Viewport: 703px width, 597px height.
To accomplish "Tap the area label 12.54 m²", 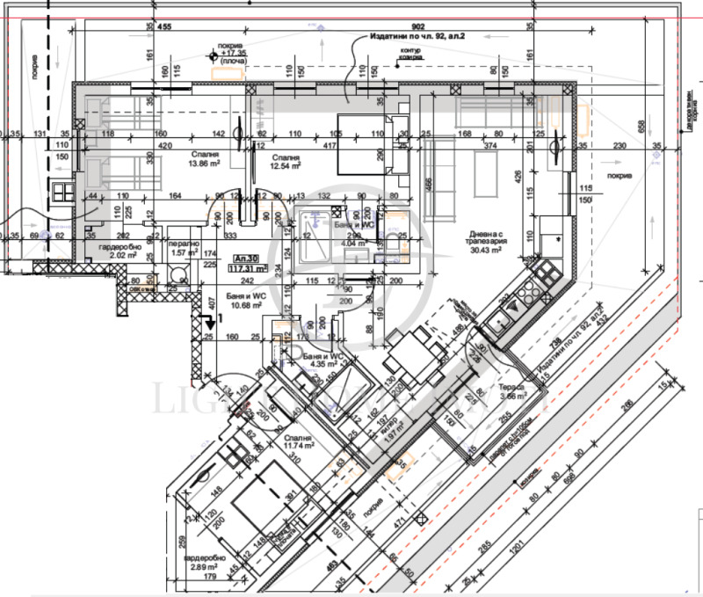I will coord(286,164).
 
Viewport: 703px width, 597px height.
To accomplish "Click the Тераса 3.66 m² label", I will coord(512,391).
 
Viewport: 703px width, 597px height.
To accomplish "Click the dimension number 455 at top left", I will coord(163,27).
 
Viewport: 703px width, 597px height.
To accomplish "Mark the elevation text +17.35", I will coord(235,53).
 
